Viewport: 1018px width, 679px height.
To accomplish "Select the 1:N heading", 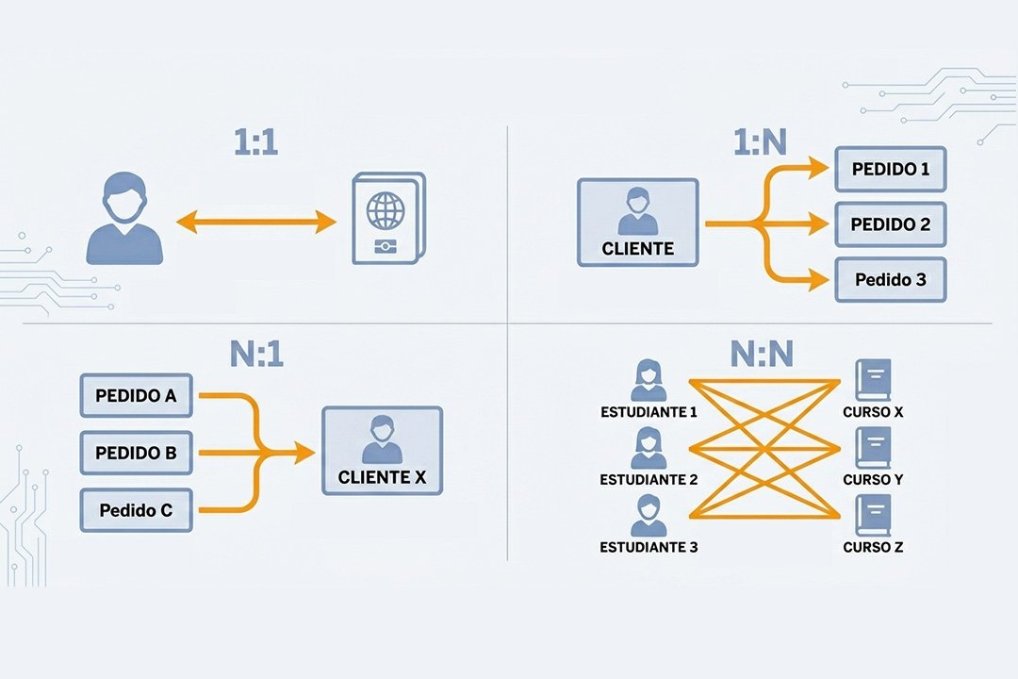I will (760, 144).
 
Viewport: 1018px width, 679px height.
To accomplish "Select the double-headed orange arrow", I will (256, 223).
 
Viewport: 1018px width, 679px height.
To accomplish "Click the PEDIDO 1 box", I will (890, 170).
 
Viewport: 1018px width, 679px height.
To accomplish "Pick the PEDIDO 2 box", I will (890, 224).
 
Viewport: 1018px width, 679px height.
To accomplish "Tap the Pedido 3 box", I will (890, 279).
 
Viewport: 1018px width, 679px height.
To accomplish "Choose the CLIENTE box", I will (637, 223).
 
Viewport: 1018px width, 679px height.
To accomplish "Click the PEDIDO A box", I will (136, 395).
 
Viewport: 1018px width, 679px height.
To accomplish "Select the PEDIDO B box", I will (136, 453).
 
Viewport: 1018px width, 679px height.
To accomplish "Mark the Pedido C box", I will (136, 511).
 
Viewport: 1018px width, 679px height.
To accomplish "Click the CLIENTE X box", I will (381, 451).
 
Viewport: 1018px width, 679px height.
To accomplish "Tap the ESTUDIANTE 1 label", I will (649, 412).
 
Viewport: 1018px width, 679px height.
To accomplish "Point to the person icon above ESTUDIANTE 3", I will (649, 517).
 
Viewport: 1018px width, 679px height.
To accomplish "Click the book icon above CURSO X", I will (872, 380).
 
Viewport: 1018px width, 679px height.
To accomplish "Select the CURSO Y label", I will (873, 480).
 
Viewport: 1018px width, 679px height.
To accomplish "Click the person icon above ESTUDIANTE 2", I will (649, 448).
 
